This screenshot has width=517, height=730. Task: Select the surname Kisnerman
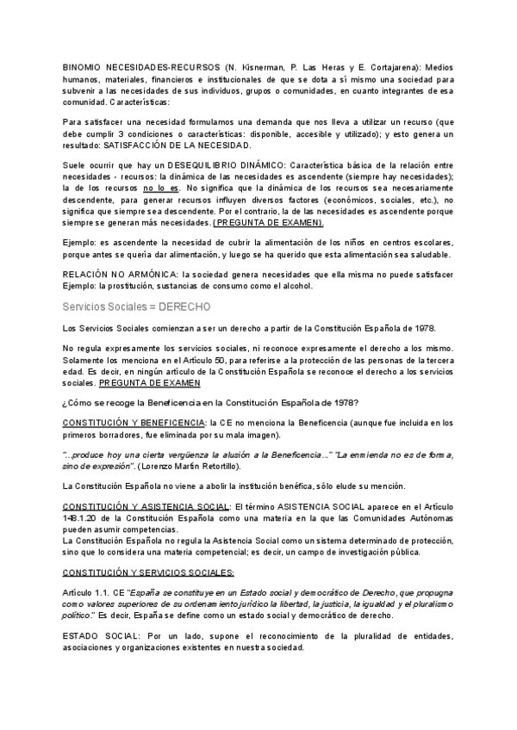click(260, 66)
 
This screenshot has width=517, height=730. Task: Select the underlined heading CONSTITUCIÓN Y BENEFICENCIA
click(134, 422)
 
